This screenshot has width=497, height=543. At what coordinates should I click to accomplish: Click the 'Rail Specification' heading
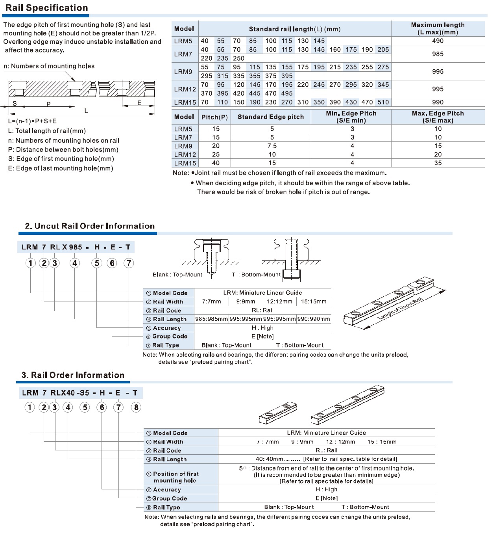(x=46, y=8)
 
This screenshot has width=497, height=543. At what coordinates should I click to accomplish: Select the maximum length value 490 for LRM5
(x=438, y=41)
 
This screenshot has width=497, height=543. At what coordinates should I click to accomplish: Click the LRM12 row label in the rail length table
(x=185, y=89)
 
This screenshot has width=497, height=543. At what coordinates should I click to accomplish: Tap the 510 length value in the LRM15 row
(x=383, y=102)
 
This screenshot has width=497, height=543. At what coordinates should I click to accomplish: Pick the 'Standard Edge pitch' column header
(x=271, y=117)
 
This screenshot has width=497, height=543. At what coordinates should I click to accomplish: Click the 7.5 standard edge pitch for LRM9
(x=272, y=146)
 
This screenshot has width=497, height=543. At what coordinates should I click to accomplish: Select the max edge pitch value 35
(x=438, y=163)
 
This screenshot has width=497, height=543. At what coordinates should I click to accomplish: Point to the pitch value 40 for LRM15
(x=216, y=163)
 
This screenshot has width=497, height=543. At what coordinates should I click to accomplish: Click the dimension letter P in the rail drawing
(x=48, y=104)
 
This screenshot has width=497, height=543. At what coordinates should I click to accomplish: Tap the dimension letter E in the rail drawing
(x=139, y=103)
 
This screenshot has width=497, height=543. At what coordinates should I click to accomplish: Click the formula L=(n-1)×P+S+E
(x=32, y=121)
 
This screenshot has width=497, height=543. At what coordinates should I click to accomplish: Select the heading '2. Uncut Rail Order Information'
(x=90, y=226)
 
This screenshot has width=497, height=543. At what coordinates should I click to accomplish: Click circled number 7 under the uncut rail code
(x=129, y=263)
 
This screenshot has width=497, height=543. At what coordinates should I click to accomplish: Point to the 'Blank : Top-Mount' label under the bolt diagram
(x=177, y=275)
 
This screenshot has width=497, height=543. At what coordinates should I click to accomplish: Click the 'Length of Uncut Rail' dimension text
(x=400, y=309)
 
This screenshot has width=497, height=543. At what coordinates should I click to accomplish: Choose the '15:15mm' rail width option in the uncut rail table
(x=314, y=301)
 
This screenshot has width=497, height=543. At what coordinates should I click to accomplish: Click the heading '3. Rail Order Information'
(x=73, y=375)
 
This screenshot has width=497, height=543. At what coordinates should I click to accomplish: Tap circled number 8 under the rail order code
(x=136, y=407)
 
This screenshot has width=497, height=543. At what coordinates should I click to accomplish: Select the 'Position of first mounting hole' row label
(x=176, y=477)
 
